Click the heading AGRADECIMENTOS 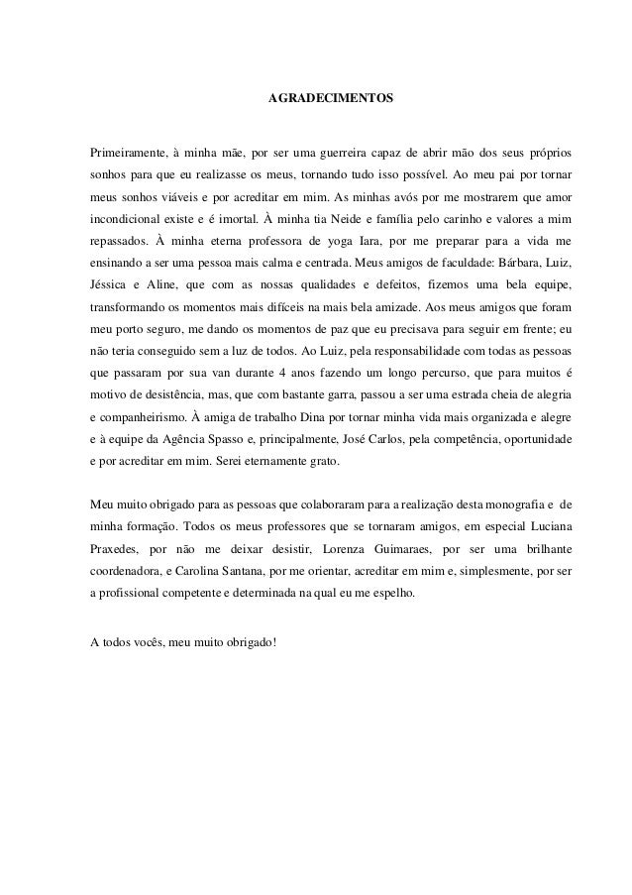[331, 100]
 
